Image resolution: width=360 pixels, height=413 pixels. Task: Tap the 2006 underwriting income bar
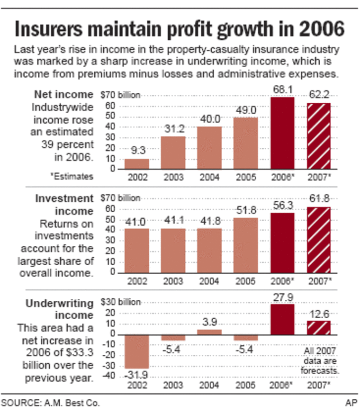[282, 319]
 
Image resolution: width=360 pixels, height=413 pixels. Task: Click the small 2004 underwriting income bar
[209, 332]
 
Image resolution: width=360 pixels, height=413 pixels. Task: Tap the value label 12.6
[319, 314]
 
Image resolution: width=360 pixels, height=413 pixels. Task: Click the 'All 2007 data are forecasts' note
[320, 361]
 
